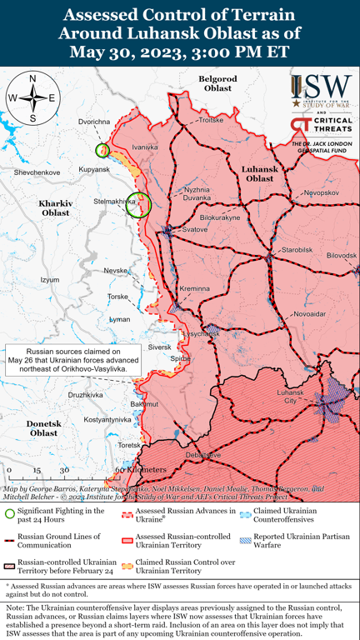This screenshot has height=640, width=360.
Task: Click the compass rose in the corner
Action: click(32, 98)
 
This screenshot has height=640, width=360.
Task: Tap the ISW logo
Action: click(322, 87)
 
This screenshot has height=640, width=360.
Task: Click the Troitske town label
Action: click(211, 121)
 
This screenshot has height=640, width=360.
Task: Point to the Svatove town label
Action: click(194, 228)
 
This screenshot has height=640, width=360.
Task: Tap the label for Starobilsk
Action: click(296, 249)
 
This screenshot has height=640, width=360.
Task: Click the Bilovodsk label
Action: click(342, 255)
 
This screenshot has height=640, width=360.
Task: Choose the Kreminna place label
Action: click(195, 288)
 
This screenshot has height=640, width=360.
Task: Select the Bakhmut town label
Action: click(144, 403)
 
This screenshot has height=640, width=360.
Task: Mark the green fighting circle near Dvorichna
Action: click(102, 150)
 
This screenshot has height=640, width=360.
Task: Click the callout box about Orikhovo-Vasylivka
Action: click(72, 360)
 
